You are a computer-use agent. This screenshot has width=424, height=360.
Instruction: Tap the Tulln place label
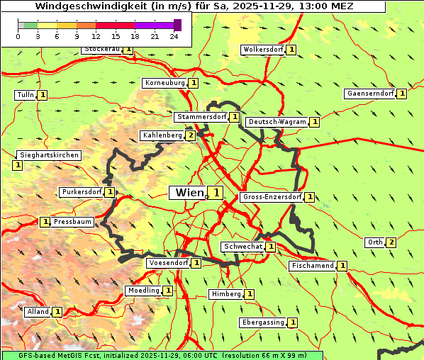25,95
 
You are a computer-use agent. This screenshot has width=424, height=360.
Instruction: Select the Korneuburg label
164,83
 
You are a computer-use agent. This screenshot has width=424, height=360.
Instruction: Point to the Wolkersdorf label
263,50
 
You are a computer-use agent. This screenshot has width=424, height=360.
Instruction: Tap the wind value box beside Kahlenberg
190,135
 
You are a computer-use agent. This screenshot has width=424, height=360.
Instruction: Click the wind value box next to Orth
391,242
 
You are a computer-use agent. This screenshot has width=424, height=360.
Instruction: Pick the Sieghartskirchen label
49,155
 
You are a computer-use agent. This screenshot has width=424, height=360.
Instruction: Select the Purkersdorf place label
81,192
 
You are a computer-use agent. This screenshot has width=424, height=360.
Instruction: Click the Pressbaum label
73,222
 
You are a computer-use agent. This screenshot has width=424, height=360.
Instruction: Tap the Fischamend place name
312,266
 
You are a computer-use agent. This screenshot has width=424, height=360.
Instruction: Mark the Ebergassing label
262,322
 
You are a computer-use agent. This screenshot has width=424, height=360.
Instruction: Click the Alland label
38,312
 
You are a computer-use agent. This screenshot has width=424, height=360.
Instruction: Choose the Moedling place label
143,291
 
